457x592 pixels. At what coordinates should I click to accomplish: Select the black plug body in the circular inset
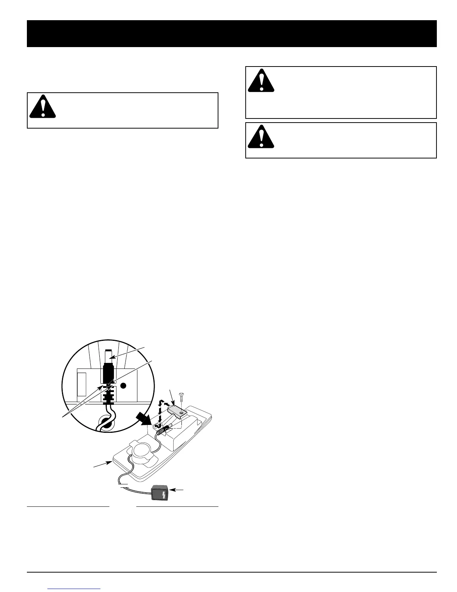(x=108, y=372)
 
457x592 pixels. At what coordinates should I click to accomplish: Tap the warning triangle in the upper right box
(x=261, y=81)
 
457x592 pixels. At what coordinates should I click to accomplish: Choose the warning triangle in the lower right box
(x=261, y=136)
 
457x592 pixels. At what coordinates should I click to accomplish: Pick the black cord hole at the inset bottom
(x=105, y=424)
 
